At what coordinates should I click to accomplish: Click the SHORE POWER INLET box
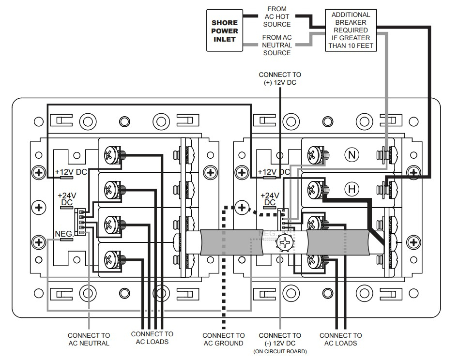coord(225,30)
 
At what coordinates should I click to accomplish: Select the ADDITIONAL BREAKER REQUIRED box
coord(351,30)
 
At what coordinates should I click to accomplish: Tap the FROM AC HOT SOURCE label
coord(277,16)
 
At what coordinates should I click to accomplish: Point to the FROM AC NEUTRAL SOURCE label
coord(277,45)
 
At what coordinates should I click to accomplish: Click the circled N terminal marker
coord(352,155)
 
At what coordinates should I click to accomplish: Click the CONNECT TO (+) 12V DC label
coord(280,79)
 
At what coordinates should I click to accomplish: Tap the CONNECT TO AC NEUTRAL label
coord(89,339)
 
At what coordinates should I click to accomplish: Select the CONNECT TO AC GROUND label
coord(223,339)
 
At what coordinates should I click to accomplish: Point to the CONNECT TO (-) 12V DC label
coord(280,339)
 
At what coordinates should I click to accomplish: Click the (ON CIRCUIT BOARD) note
coord(280,352)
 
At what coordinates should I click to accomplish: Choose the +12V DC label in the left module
coord(71,172)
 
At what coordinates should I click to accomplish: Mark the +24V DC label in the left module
coord(67,199)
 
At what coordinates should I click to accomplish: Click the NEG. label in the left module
coord(64,234)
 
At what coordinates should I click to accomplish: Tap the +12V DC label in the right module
coord(274,172)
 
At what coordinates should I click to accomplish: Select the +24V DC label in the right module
coord(270,199)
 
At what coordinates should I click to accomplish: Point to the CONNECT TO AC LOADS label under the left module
coord(152,338)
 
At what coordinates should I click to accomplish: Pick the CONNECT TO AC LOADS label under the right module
coord(340,339)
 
